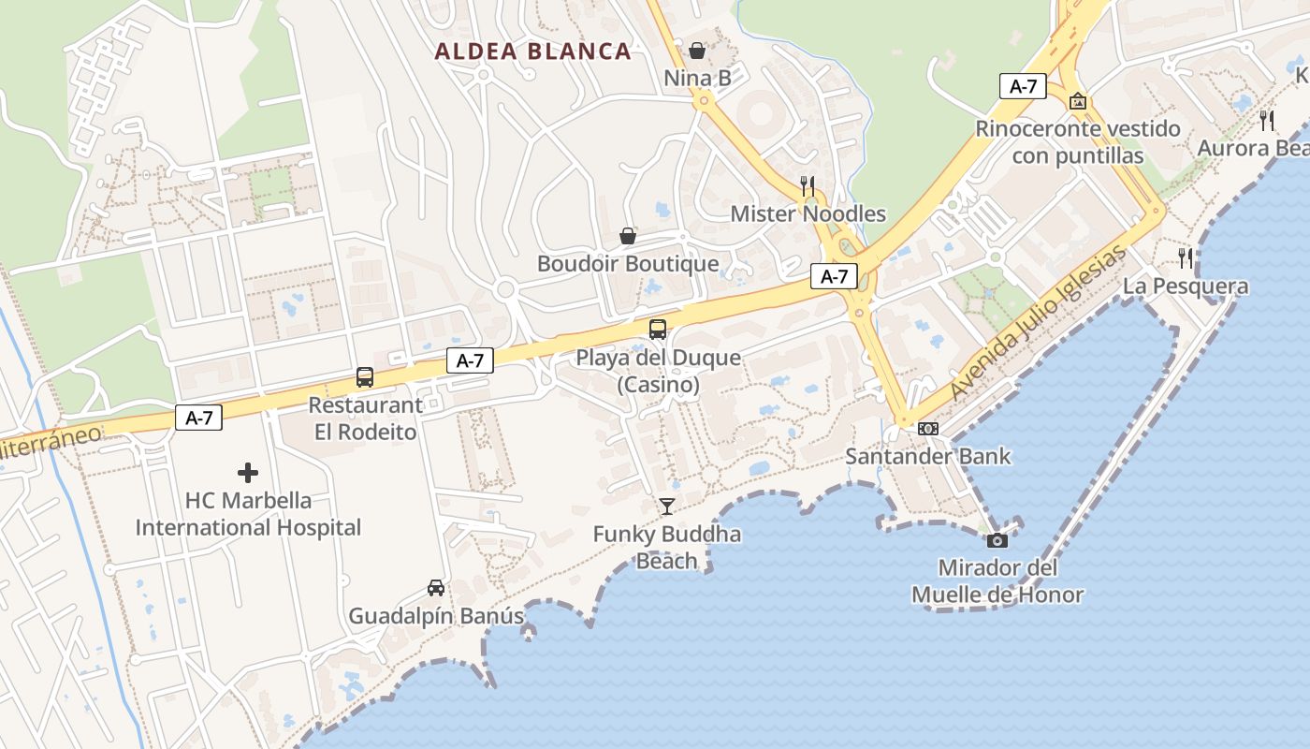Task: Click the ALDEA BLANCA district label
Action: click(532, 51)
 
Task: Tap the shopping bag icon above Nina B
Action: click(697, 51)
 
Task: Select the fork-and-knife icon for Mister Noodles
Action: click(808, 186)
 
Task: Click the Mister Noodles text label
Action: click(808, 213)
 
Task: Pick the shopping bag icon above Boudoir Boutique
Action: click(628, 236)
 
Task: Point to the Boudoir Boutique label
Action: click(628, 264)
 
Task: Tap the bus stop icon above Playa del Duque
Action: click(658, 329)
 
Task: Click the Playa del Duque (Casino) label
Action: click(658, 371)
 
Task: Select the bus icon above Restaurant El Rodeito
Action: click(365, 377)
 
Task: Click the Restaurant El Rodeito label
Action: click(365, 419)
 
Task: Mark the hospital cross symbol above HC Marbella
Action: click(248, 473)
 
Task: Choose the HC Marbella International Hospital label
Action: click(248, 514)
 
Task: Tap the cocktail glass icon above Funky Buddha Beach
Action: click(666, 507)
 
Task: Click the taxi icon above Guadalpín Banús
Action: click(436, 588)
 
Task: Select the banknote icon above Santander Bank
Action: click(928, 428)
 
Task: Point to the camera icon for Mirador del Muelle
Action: click(997, 540)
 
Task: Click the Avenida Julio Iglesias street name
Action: click(1036, 324)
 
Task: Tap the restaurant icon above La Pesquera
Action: click(1186, 257)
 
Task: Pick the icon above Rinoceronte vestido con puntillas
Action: click(1078, 101)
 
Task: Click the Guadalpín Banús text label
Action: click(436, 616)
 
